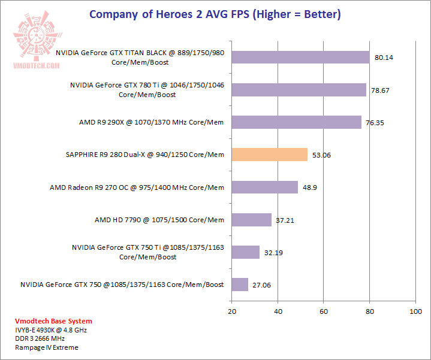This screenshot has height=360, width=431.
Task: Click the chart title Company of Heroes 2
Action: pos(215,14)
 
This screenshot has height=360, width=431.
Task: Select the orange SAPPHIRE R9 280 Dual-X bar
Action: pos(269,155)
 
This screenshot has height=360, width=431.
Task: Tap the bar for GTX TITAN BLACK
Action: pos(300,58)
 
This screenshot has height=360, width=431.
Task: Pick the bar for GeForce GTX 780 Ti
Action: pos(299,90)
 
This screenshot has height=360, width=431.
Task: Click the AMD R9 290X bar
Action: pos(296,122)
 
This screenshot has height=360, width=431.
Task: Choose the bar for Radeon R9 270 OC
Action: pos(264,187)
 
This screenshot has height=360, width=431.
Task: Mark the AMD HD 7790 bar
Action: pos(251,220)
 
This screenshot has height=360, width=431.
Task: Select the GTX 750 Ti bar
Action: pos(245,252)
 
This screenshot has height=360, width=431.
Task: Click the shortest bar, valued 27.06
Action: pos(240,285)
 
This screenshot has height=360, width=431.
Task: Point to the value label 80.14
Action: pos(384,58)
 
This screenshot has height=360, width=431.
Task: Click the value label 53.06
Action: pos(321,155)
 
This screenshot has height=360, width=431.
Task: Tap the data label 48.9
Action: pos(309,187)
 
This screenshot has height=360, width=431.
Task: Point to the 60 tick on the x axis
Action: pos(324,311)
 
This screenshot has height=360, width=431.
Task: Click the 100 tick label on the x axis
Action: pos(415,311)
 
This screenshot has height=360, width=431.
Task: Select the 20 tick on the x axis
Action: pos(231,311)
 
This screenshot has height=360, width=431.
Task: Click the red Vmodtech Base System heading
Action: pos(45,320)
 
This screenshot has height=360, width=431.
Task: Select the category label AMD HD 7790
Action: pos(159,220)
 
